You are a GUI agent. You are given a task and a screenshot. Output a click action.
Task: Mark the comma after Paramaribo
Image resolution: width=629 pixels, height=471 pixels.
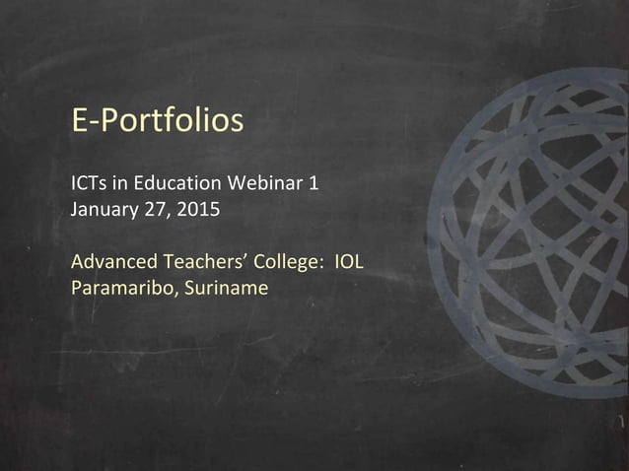click(x=170, y=295)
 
